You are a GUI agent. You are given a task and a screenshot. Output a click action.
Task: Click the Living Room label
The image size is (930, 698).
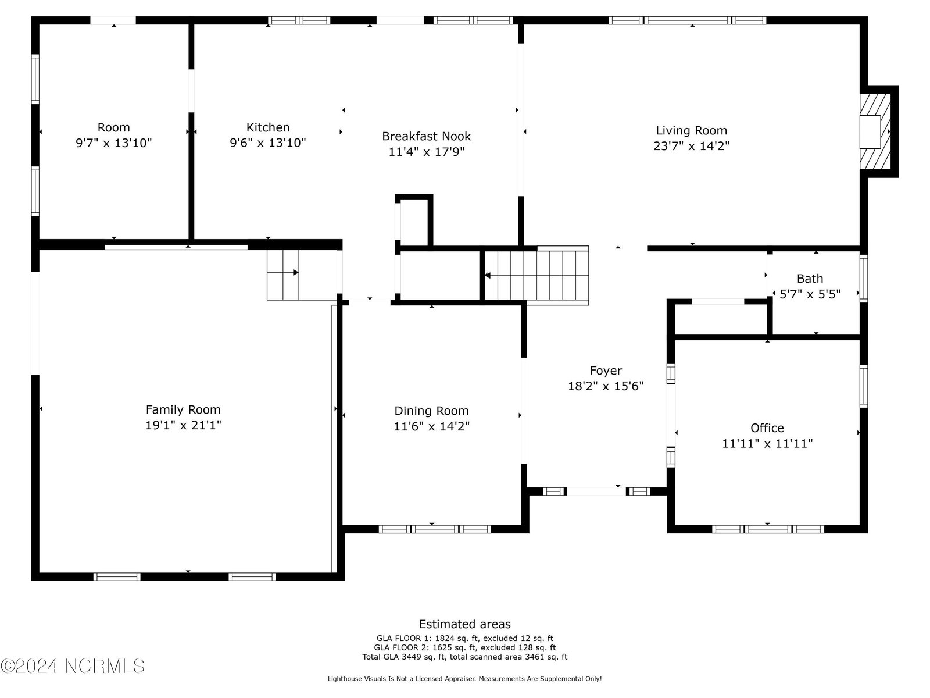coord(691,130)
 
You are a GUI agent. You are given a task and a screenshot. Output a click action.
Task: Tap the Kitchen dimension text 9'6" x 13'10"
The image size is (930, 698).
coord(268,143)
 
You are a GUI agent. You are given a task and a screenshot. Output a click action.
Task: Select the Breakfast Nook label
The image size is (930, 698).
coord(426,136)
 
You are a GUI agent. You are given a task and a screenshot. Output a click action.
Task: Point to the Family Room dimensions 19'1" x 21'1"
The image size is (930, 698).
coord(184,425)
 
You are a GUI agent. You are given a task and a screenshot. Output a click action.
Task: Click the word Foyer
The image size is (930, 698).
coord(606,371)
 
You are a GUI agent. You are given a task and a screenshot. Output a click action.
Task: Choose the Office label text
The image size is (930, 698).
coord(767,428)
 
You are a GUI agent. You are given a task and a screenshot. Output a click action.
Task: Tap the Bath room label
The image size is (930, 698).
coord(810,279)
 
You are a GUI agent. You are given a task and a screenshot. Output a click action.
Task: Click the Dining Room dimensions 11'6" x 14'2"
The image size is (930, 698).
coord(432,426)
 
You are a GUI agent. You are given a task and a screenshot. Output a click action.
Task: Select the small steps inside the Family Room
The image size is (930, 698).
coord(283,275)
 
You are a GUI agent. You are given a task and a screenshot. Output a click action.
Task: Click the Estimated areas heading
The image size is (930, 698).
coord(465,624)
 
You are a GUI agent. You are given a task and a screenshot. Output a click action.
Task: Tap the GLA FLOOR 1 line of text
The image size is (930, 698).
coord(465,638)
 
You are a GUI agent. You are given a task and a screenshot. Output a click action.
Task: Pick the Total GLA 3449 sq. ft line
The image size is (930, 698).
coord(465,657)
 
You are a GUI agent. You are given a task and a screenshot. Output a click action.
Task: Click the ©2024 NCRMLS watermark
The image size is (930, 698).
coord(73,666)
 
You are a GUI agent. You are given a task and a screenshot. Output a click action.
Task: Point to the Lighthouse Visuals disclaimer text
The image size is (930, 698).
coord(465,679)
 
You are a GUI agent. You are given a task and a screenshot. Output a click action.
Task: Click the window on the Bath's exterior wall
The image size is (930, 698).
coord(864,278)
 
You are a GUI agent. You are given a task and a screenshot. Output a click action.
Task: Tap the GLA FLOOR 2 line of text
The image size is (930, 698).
coord(465,647)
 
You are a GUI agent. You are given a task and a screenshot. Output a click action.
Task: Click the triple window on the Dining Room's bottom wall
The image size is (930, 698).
coord(435,529)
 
